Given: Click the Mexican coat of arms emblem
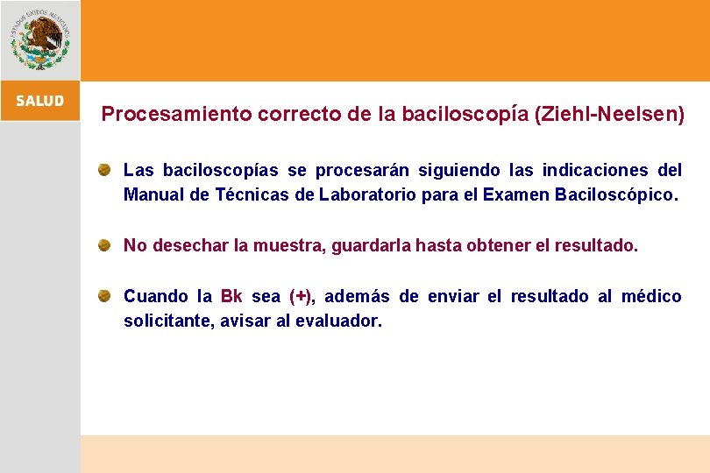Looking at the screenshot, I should pyautogui.click(x=39, y=39).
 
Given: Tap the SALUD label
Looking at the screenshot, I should pyautogui.click(x=39, y=101).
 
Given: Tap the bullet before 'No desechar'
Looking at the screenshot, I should pyautogui.click(x=103, y=244).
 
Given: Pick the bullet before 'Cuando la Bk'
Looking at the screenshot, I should pyautogui.click(x=103, y=295).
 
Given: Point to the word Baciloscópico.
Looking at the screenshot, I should pyautogui.click(x=616, y=194).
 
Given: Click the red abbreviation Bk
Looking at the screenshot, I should pyautogui.click(x=231, y=296).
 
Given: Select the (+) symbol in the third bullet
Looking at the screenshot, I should pyautogui.click(x=301, y=296).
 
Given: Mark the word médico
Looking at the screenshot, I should pyautogui.click(x=651, y=296).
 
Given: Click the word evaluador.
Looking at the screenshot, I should pyautogui.click(x=338, y=321).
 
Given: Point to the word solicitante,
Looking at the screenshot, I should pyautogui.click(x=169, y=321).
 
